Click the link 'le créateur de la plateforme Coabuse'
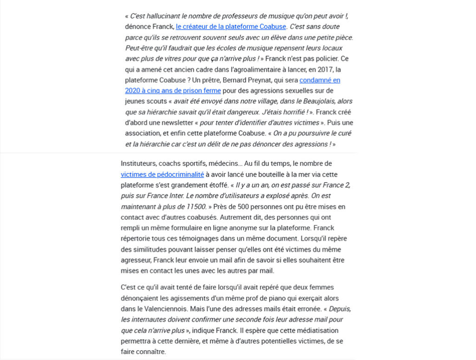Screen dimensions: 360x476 click(x=231, y=26)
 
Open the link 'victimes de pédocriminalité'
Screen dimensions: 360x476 click(x=162, y=174)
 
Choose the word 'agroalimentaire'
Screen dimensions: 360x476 click(x=237, y=69)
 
